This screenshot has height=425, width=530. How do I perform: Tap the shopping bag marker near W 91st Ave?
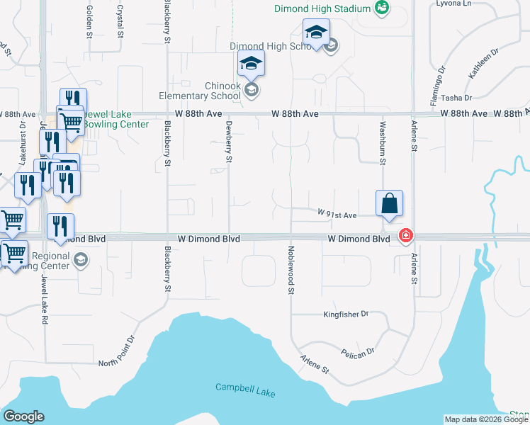point(389,203)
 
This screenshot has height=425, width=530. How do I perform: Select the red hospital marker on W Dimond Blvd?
point(405,235)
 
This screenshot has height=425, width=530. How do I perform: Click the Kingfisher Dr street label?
point(346,313)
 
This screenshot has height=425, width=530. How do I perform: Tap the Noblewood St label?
point(291,266)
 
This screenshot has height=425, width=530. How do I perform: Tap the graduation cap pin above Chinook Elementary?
point(251,63)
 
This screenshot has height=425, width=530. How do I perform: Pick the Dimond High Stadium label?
point(324,8)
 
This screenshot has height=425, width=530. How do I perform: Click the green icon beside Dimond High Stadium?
point(382,8)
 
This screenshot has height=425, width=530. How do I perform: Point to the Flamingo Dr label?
point(441,81)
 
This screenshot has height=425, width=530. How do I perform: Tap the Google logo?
point(23,416)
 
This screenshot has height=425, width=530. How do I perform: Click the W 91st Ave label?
point(337,213)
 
